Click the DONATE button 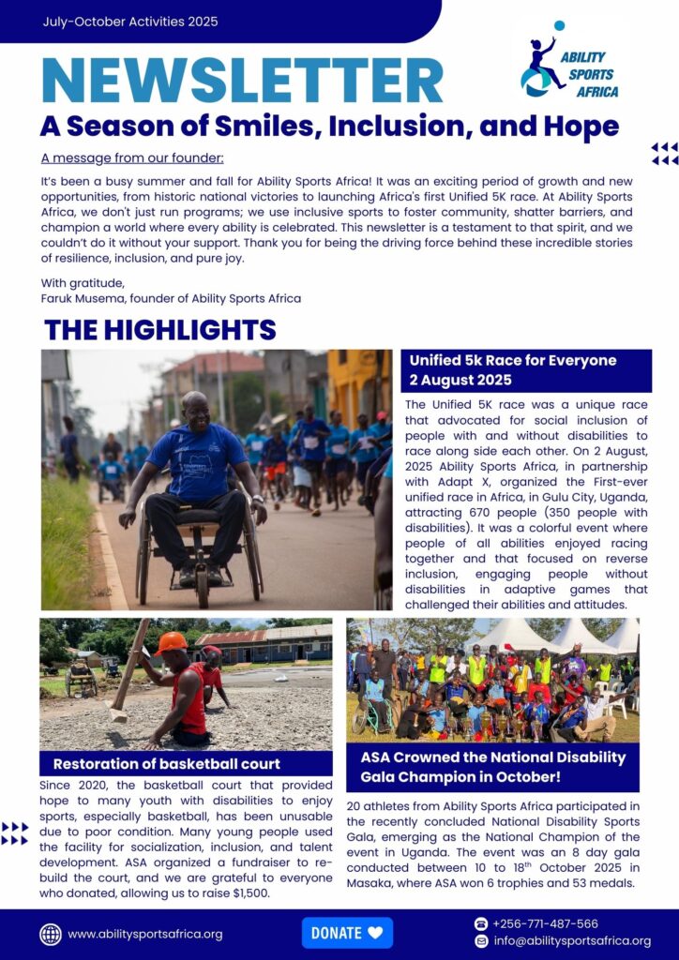click(347, 933)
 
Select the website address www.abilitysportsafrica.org click(144, 934)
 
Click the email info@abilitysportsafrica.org click(572, 941)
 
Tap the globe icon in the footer click(51, 934)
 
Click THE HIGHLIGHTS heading click(159, 330)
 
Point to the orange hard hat click(172, 641)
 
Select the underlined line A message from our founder click(132, 157)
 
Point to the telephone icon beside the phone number click(481, 923)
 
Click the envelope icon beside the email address click(481, 941)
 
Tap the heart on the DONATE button click(375, 933)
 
